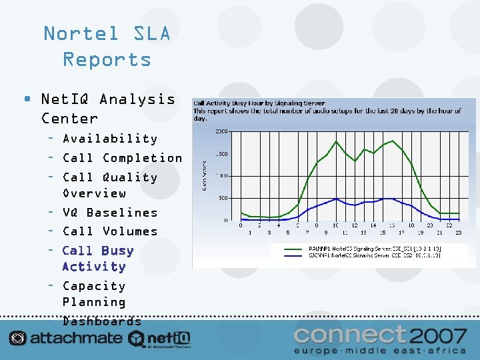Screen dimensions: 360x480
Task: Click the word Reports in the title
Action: click(x=107, y=59)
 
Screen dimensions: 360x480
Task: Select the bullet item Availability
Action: click(x=110, y=139)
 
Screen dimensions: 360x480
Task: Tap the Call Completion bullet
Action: click(x=122, y=158)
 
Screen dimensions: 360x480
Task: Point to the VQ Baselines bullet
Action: click(x=110, y=213)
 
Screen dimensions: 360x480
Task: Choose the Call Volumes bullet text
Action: click(x=110, y=231)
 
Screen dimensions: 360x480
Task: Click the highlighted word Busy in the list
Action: click(x=117, y=251)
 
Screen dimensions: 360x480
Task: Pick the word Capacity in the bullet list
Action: click(x=94, y=286)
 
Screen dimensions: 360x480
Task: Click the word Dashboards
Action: click(x=102, y=321)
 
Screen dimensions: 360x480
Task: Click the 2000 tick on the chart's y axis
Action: click(x=221, y=131)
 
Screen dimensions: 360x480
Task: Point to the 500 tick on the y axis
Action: click(x=223, y=198)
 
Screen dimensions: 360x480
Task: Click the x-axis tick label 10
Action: click(x=335, y=225)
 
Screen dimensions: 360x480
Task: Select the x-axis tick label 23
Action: click(x=458, y=232)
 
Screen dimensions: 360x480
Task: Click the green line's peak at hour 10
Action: click(x=335, y=141)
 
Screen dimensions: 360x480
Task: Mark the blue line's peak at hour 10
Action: click(x=335, y=198)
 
